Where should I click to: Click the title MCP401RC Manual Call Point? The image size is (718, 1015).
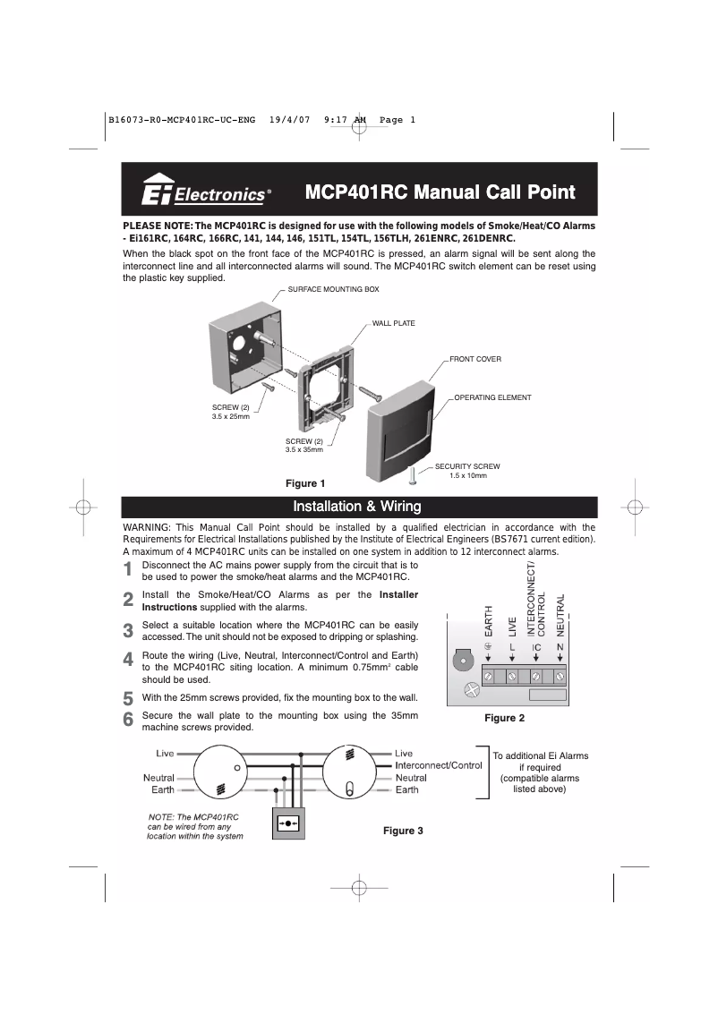pyautogui.click(x=440, y=192)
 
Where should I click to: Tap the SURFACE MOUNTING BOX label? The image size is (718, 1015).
pyautogui.click(x=333, y=290)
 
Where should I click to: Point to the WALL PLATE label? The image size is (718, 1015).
pyautogui.click(x=393, y=323)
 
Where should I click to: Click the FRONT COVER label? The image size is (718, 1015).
pyautogui.click(x=474, y=359)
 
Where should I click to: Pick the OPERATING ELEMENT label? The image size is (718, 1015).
pyautogui.click(x=492, y=397)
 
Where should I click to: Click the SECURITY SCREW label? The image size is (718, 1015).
pyautogui.click(x=466, y=467)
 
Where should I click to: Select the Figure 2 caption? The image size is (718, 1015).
pyautogui.click(x=504, y=718)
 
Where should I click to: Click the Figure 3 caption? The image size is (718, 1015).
pyautogui.click(x=403, y=831)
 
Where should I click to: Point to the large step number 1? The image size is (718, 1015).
pyautogui.click(x=129, y=570)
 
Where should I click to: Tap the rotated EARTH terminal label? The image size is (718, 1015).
pyautogui.click(x=489, y=620)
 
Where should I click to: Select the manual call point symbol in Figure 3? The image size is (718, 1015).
pyautogui.click(x=288, y=822)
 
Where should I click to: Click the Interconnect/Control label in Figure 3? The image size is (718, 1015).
pyautogui.click(x=439, y=765)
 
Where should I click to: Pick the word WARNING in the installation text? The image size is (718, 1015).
pyautogui.click(x=147, y=527)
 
